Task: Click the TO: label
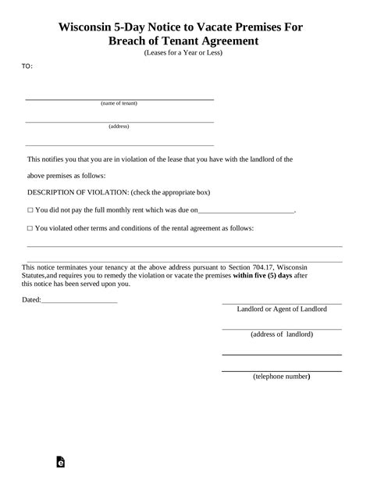[27, 66]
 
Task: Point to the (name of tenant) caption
[119, 104]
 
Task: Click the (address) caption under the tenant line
[119, 126]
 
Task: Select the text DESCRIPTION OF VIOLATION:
[77, 192]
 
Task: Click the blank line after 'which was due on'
[247, 211]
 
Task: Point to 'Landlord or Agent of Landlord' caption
[282, 309]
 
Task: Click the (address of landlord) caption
[282, 334]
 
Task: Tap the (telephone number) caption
[282, 377]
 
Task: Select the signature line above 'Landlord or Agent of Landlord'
[282, 302]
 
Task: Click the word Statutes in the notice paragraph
[39, 275]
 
